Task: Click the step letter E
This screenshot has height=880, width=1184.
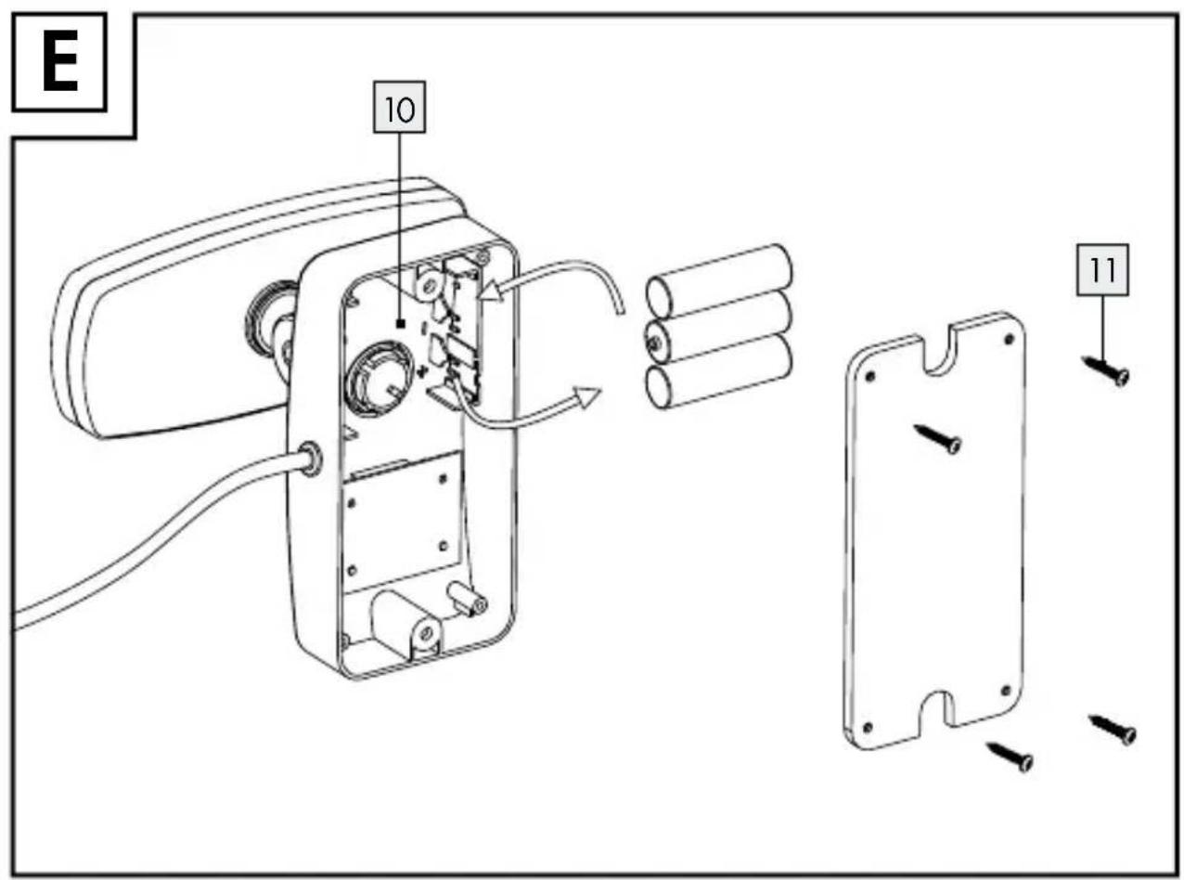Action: pyautogui.click(x=59, y=62)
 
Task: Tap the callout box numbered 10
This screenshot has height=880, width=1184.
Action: pyautogui.click(x=399, y=107)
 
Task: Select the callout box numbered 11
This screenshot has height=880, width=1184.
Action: pyautogui.click(x=1102, y=269)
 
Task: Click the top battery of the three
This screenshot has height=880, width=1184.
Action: pyautogui.click(x=718, y=281)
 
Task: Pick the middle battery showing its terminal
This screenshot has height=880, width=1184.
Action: pyautogui.click(x=718, y=327)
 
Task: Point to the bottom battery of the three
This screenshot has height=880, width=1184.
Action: pyautogui.click(x=718, y=372)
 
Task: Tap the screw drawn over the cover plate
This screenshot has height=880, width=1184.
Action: pyautogui.click(x=938, y=439)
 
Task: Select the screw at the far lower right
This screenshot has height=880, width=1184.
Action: pyautogui.click(x=1113, y=730)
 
